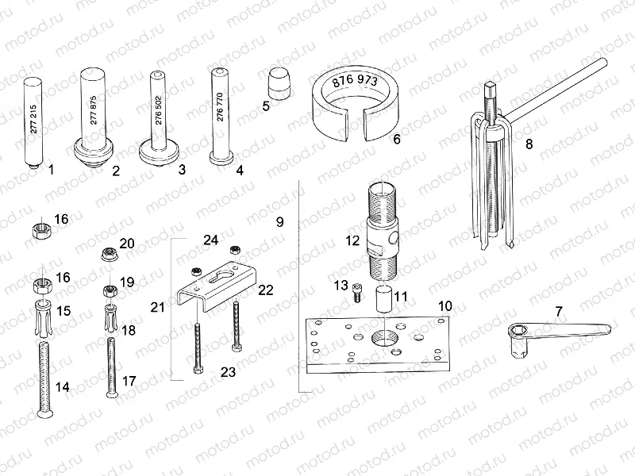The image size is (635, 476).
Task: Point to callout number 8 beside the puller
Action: pyautogui.click(x=529, y=144)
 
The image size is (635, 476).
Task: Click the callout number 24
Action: pyautogui.click(x=210, y=239)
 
